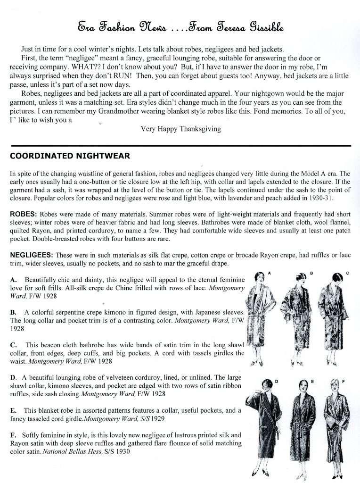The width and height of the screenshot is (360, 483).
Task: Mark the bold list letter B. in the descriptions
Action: (14, 312)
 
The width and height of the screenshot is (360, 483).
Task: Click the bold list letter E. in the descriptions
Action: (14, 410)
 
